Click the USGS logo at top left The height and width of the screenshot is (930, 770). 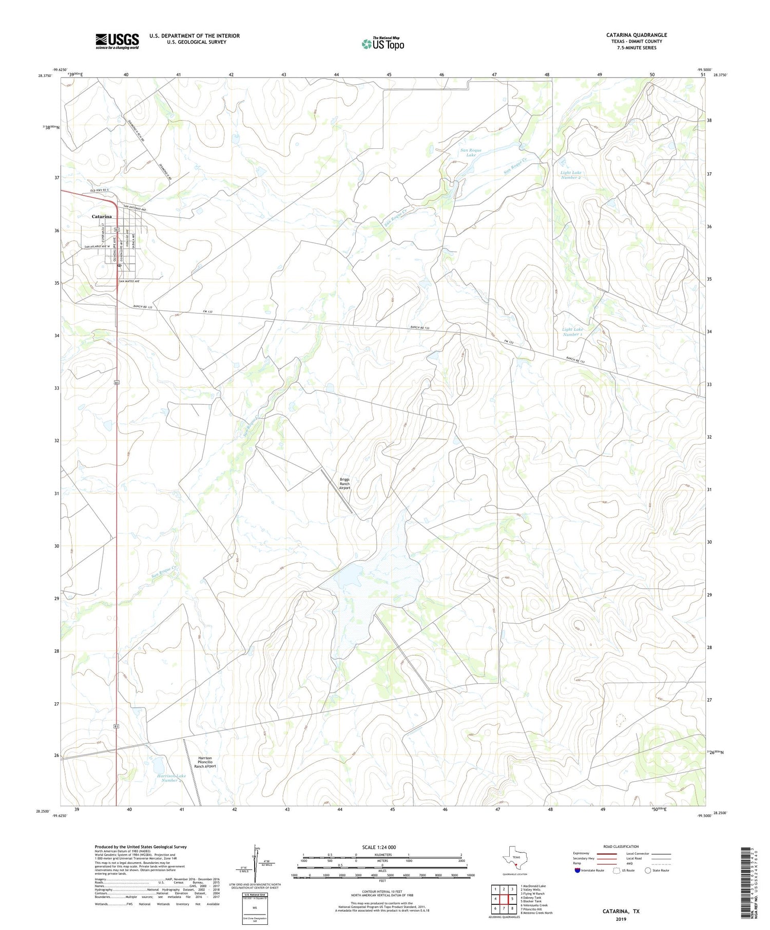[117, 41]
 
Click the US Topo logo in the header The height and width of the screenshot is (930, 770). [383, 44]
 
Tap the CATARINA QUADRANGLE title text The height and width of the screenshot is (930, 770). [636, 35]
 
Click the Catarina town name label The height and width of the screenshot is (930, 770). [102, 216]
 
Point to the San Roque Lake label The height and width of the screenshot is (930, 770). [471, 152]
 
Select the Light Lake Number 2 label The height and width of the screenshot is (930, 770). [570, 175]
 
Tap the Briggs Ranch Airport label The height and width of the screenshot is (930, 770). [344, 484]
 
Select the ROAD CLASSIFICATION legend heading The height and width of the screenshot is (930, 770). [621, 846]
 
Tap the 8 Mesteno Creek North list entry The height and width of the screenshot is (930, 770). [536, 913]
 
